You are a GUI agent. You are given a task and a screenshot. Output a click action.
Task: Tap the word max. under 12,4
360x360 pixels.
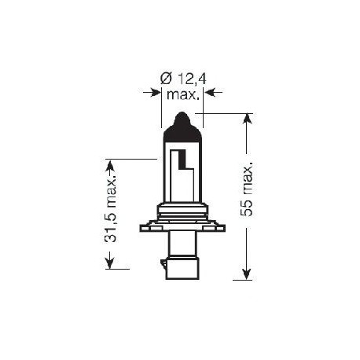pos(182,94)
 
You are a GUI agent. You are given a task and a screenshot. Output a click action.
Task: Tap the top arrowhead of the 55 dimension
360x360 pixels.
pos(247,120)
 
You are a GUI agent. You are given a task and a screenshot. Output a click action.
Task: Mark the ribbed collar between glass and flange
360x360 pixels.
pos(182,211)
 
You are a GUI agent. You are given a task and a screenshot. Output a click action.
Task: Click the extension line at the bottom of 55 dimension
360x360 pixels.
pos(243,279)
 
